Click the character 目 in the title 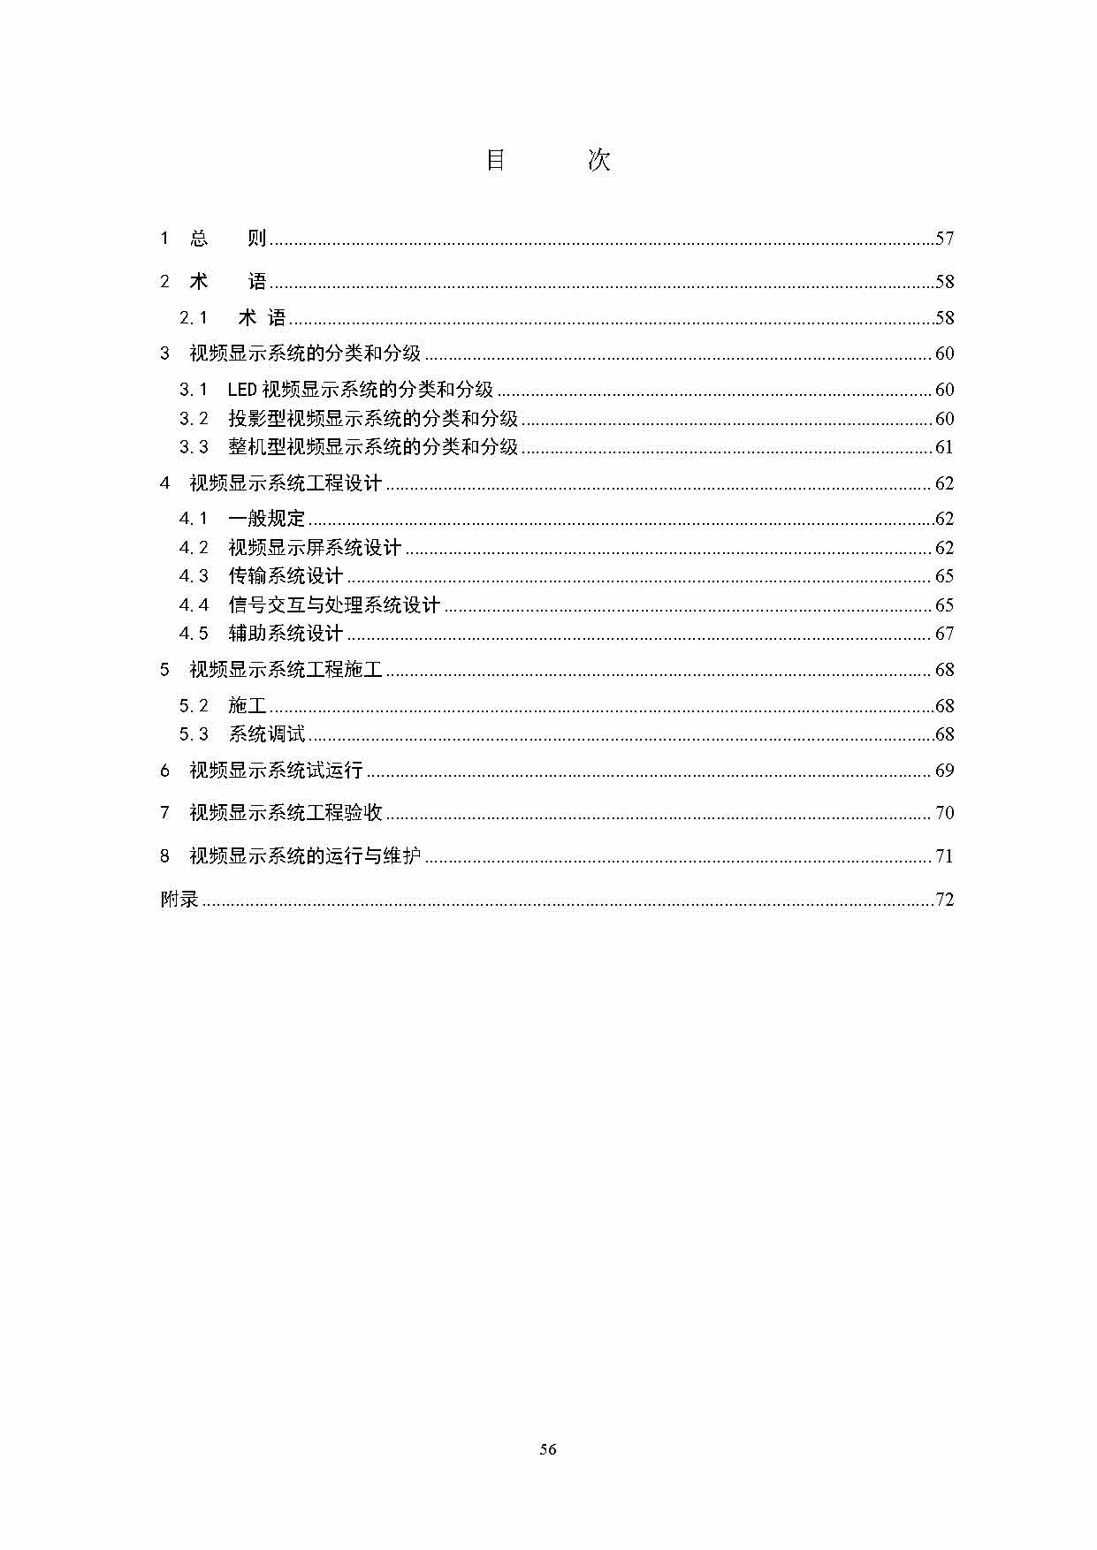(495, 160)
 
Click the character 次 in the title (599, 160)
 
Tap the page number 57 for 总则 (944, 238)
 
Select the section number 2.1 (194, 318)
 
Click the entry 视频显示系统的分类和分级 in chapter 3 (305, 353)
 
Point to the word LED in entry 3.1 (242, 390)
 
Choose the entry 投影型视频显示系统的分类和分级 (372, 419)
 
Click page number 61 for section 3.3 (944, 447)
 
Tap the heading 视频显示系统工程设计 (286, 483)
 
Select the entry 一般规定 (266, 519)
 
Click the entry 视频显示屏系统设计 (314, 548)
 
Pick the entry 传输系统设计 (286, 576)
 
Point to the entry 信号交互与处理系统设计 (333, 605)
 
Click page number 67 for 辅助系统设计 (944, 634)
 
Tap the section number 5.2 (194, 706)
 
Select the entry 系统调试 (266, 734)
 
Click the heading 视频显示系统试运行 (276, 771)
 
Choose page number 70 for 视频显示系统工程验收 (944, 813)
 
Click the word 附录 (179, 900)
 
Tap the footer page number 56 (547, 1449)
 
